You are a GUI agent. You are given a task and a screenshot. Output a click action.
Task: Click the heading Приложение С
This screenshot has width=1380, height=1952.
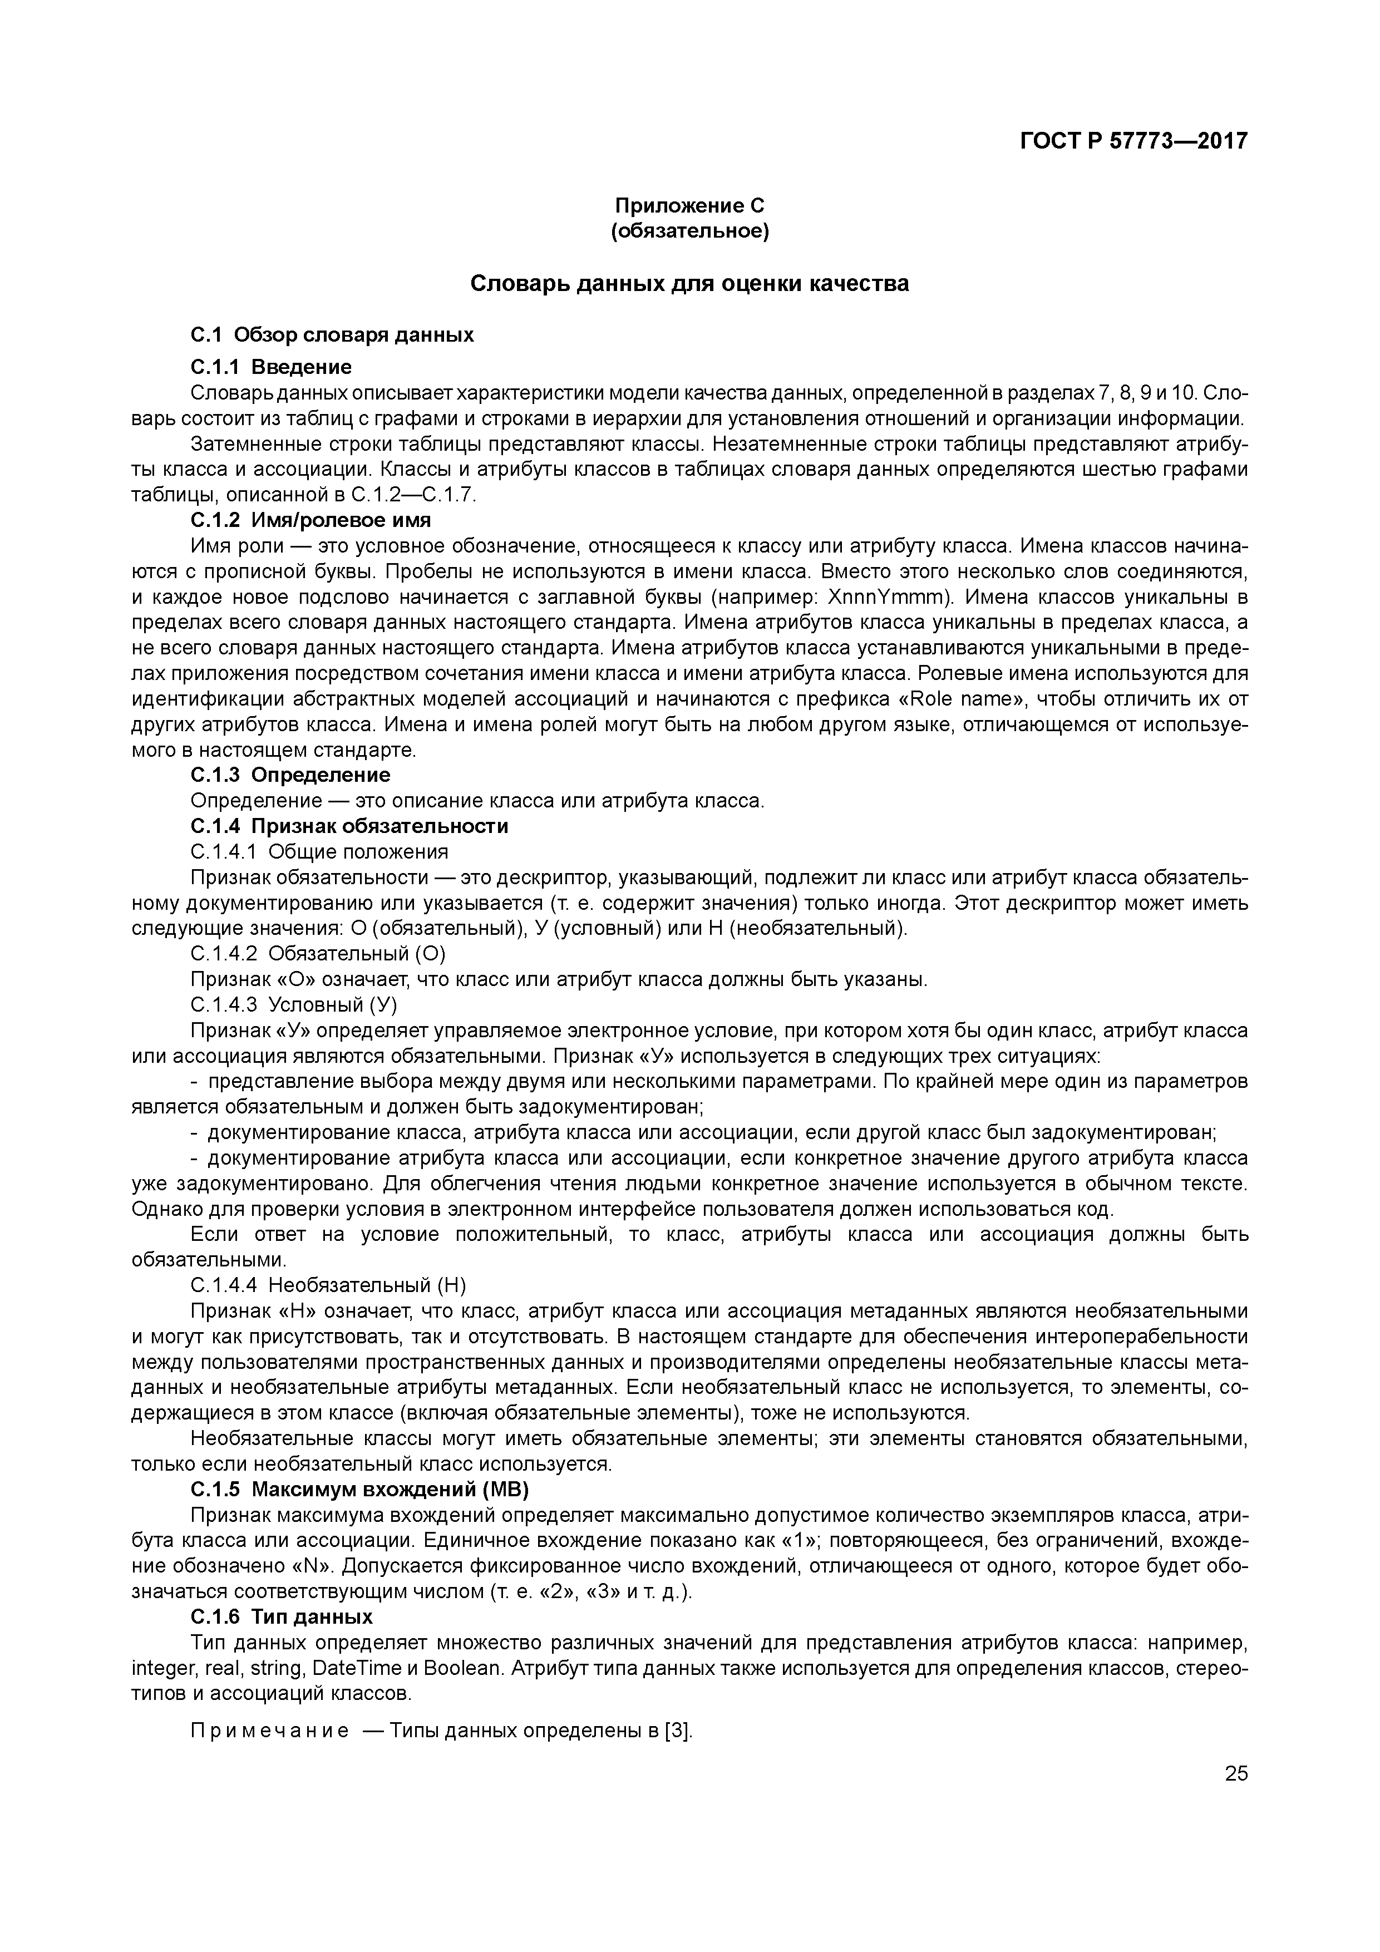689,206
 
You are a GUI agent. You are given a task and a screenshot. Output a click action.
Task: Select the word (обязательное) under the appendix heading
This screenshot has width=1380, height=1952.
689,231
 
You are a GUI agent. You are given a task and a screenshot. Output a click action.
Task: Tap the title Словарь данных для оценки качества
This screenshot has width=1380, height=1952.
689,283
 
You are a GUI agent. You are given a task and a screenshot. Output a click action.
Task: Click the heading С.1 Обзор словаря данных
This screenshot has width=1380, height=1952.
332,335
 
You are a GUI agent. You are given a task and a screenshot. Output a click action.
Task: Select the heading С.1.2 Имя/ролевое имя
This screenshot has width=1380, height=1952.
310,520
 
